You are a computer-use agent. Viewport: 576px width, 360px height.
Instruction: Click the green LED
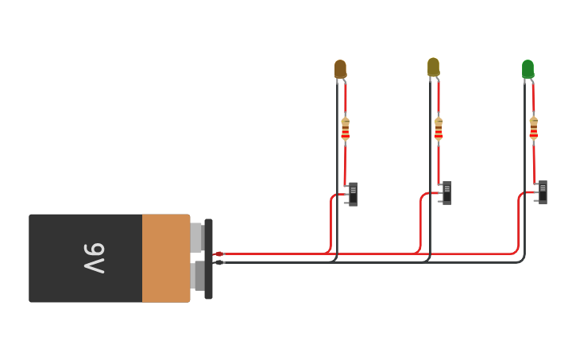528,69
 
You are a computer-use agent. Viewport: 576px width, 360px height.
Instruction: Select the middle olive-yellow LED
433,68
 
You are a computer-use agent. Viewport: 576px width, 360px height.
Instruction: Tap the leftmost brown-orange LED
340,69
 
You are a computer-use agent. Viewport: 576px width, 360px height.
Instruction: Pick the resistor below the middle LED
439,128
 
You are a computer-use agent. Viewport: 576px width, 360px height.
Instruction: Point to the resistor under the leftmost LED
345,128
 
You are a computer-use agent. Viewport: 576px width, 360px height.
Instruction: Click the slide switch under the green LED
543,192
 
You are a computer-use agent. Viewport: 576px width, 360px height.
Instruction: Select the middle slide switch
447,192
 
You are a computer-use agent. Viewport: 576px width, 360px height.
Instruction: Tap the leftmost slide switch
353,194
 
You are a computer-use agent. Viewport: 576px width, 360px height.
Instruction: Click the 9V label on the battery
94,258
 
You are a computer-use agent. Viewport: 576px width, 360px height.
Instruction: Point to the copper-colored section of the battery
166,258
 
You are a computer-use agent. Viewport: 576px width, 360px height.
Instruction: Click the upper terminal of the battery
196,238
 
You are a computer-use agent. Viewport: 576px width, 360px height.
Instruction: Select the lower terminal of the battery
196,276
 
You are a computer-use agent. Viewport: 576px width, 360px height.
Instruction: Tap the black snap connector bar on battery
208,258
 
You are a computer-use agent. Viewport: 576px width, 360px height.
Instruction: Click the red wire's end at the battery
218,254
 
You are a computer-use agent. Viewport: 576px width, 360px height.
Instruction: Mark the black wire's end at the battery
218,262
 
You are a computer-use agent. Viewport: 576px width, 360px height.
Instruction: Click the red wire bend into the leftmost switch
332,196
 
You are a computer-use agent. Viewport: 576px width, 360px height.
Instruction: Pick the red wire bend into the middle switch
422,195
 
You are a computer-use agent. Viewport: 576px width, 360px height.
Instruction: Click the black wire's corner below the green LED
522,259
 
